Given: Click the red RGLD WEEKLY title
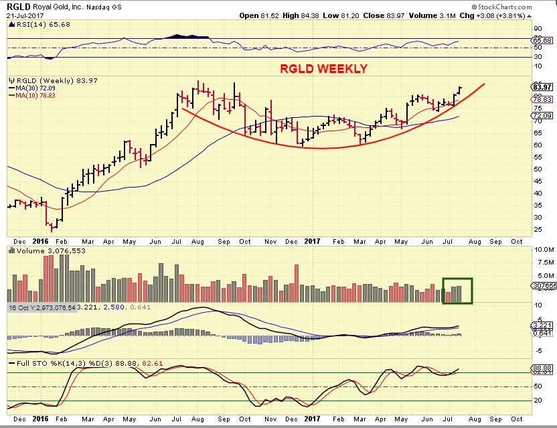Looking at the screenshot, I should pyautogui.click(x=324, y=69).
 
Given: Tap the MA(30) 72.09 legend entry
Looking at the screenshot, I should pyautogui.click(x=33, y=87).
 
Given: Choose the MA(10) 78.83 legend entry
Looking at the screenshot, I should pyautogui.click(x=33, y=94).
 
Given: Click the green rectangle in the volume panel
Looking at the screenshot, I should pyautogui.click(x=457, y=290).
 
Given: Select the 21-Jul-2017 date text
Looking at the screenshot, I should pyautogui.click(x=22, y=13).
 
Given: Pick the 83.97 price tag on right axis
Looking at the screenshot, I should pyautogui.click(x=540, y=86).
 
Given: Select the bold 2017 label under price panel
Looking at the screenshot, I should pyautogui.click(x=315, y=241).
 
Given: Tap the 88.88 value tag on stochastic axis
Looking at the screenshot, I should pyautogui.click(x=540, y=368).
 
